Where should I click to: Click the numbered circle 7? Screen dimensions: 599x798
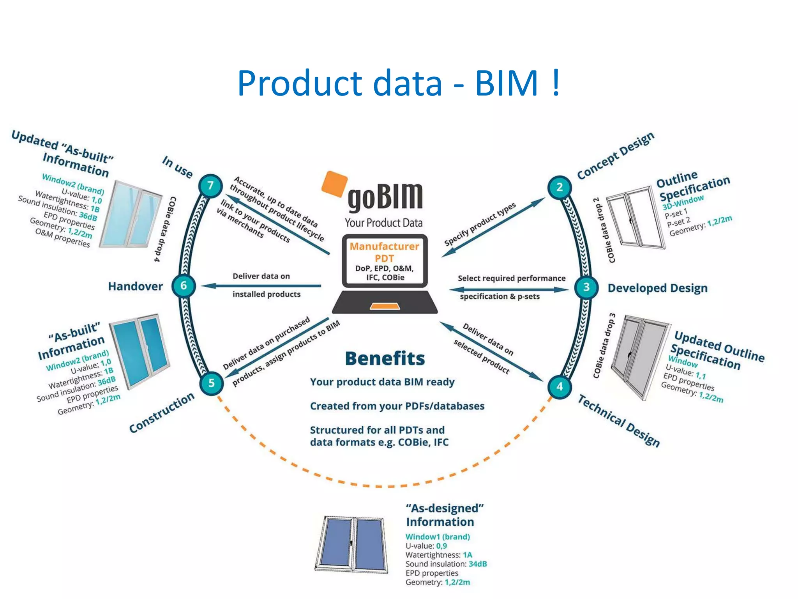click(210, 186)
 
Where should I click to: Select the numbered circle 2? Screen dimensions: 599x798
click(559, 187)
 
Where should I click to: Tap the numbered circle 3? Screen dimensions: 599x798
click(586, 287)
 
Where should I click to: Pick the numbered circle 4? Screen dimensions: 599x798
click(560, 386)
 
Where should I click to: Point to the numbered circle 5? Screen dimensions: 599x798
click(211, 383)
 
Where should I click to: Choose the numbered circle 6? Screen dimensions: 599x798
click(184, 286)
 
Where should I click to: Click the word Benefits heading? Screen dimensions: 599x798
click(385, 358)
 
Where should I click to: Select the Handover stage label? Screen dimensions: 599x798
click(135, 286)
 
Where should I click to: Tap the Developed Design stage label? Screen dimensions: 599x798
click(657, 288)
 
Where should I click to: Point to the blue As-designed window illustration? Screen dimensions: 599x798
click(352, 544)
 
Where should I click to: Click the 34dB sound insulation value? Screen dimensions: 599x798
click(477, 564)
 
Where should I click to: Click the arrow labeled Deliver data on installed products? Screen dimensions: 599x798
click(261, 286)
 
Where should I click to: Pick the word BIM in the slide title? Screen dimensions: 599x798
click(507, 83)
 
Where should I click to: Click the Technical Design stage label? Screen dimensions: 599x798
click(618, 421)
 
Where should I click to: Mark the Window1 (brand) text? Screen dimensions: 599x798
click(437, 537)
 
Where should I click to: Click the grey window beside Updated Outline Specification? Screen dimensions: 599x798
click(639, 356)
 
